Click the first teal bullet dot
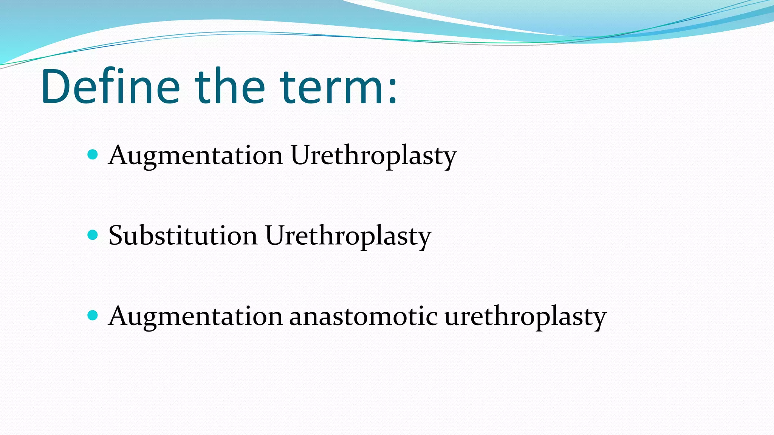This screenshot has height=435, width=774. tap(93, 154)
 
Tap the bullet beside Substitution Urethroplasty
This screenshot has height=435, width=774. tap(93, 235)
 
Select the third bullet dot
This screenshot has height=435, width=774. tap(93, 315)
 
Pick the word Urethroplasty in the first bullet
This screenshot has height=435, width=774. tap(373, 156)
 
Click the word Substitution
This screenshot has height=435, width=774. tap(183, 236)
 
